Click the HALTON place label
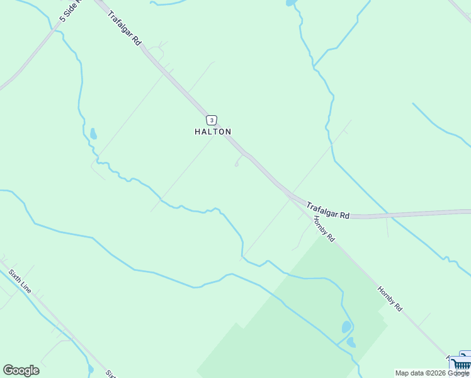pos(213,132)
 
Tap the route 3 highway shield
pos(212,120)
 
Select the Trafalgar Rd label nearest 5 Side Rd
pos(123,28)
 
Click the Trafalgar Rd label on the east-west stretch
pos(328,210)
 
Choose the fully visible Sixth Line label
pos(20,280)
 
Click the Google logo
pos(21,370)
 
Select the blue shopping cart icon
pos(462,364)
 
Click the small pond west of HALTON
pos(94,134)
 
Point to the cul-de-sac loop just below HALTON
pos(237,165)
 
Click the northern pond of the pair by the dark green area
pos(346,327)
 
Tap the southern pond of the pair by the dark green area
pos(351,343)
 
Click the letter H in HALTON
pos(197,132)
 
